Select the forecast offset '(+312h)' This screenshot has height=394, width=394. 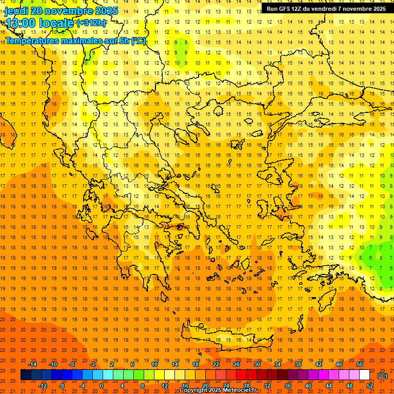(x=91, y=23)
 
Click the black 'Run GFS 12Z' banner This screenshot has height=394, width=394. (x=326, y=9)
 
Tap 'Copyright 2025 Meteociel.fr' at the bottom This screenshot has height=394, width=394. (x=218, y=390)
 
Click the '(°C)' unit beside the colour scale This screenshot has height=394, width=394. (x=383, y=376)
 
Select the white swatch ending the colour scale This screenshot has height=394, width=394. (x=365, y=375)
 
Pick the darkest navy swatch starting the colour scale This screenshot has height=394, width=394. (x=26, y=375)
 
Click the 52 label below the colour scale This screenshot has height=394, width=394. (x=370, y=386)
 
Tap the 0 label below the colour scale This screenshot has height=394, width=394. (x=102, y=386)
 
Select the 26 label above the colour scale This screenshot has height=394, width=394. (x=237, y=364)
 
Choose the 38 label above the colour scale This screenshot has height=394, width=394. (x=298, y=364)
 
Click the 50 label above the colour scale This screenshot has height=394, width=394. (x=360, y=364)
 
